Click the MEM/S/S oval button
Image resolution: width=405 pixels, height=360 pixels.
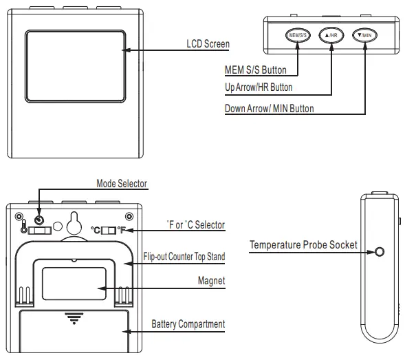pos(298,35)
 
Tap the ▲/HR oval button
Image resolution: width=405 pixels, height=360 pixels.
pos(331,35)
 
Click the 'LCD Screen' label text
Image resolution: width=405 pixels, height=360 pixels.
pos(208,44)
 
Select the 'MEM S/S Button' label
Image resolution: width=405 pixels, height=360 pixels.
pos(256,70)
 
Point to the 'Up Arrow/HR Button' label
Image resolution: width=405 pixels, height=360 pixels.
pos(259,87)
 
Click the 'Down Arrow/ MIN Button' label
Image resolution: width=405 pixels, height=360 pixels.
pos(270,109)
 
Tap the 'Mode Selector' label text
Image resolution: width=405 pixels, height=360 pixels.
pos(122,184)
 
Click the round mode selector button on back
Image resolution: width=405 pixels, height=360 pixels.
pos(39,220)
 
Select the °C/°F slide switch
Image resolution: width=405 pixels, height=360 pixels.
pos(109,230)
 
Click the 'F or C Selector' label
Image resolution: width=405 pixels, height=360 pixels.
pos(196,224)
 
